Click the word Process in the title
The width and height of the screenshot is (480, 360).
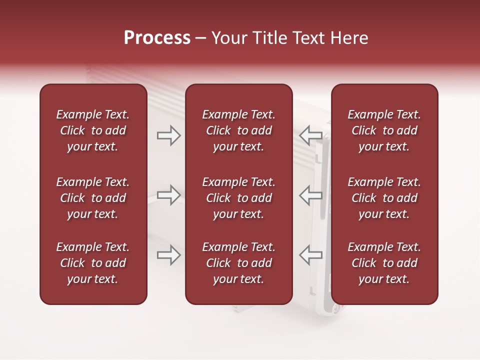(157, 38)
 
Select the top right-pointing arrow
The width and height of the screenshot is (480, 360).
(168, 135)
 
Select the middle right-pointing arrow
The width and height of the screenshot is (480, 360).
(168, 195)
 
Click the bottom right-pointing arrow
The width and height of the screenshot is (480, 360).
(168, 255)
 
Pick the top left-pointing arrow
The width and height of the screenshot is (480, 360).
(310, 135)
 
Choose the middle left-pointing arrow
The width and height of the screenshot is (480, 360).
(310, 195)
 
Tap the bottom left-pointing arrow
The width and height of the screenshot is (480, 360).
(310, 255)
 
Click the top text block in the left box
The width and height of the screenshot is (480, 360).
(93, 130)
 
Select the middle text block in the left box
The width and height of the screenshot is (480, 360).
(93, 198)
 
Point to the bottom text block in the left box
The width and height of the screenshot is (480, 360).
(93, 263)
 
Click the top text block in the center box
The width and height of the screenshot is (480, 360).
(238, 130)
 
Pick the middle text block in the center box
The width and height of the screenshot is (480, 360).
(238, 198)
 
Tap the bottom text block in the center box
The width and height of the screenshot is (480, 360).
(238, 263)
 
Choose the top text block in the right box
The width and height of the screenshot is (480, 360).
(384, 130)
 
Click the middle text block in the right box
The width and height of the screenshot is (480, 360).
(384, 198)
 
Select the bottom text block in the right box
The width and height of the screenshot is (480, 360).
(384, 263)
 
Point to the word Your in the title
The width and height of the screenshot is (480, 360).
(228, 38)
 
